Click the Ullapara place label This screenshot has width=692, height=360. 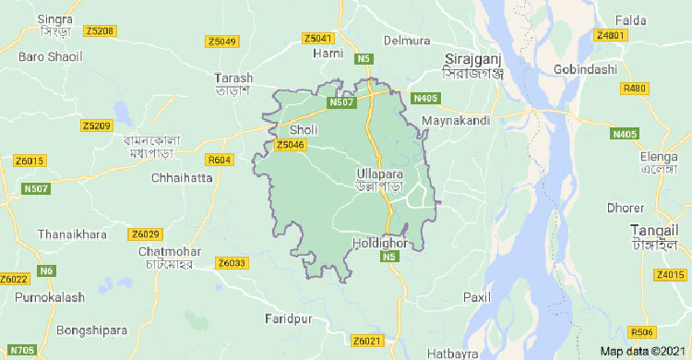[x=381, y=173]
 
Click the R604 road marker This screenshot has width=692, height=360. [x=220, y=160]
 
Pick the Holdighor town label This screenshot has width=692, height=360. [x=380, y=243]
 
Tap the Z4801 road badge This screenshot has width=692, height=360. [x=611, y=35]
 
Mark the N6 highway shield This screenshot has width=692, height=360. [x=46, y=270]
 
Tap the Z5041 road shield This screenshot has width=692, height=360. [x=317, y=38]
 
